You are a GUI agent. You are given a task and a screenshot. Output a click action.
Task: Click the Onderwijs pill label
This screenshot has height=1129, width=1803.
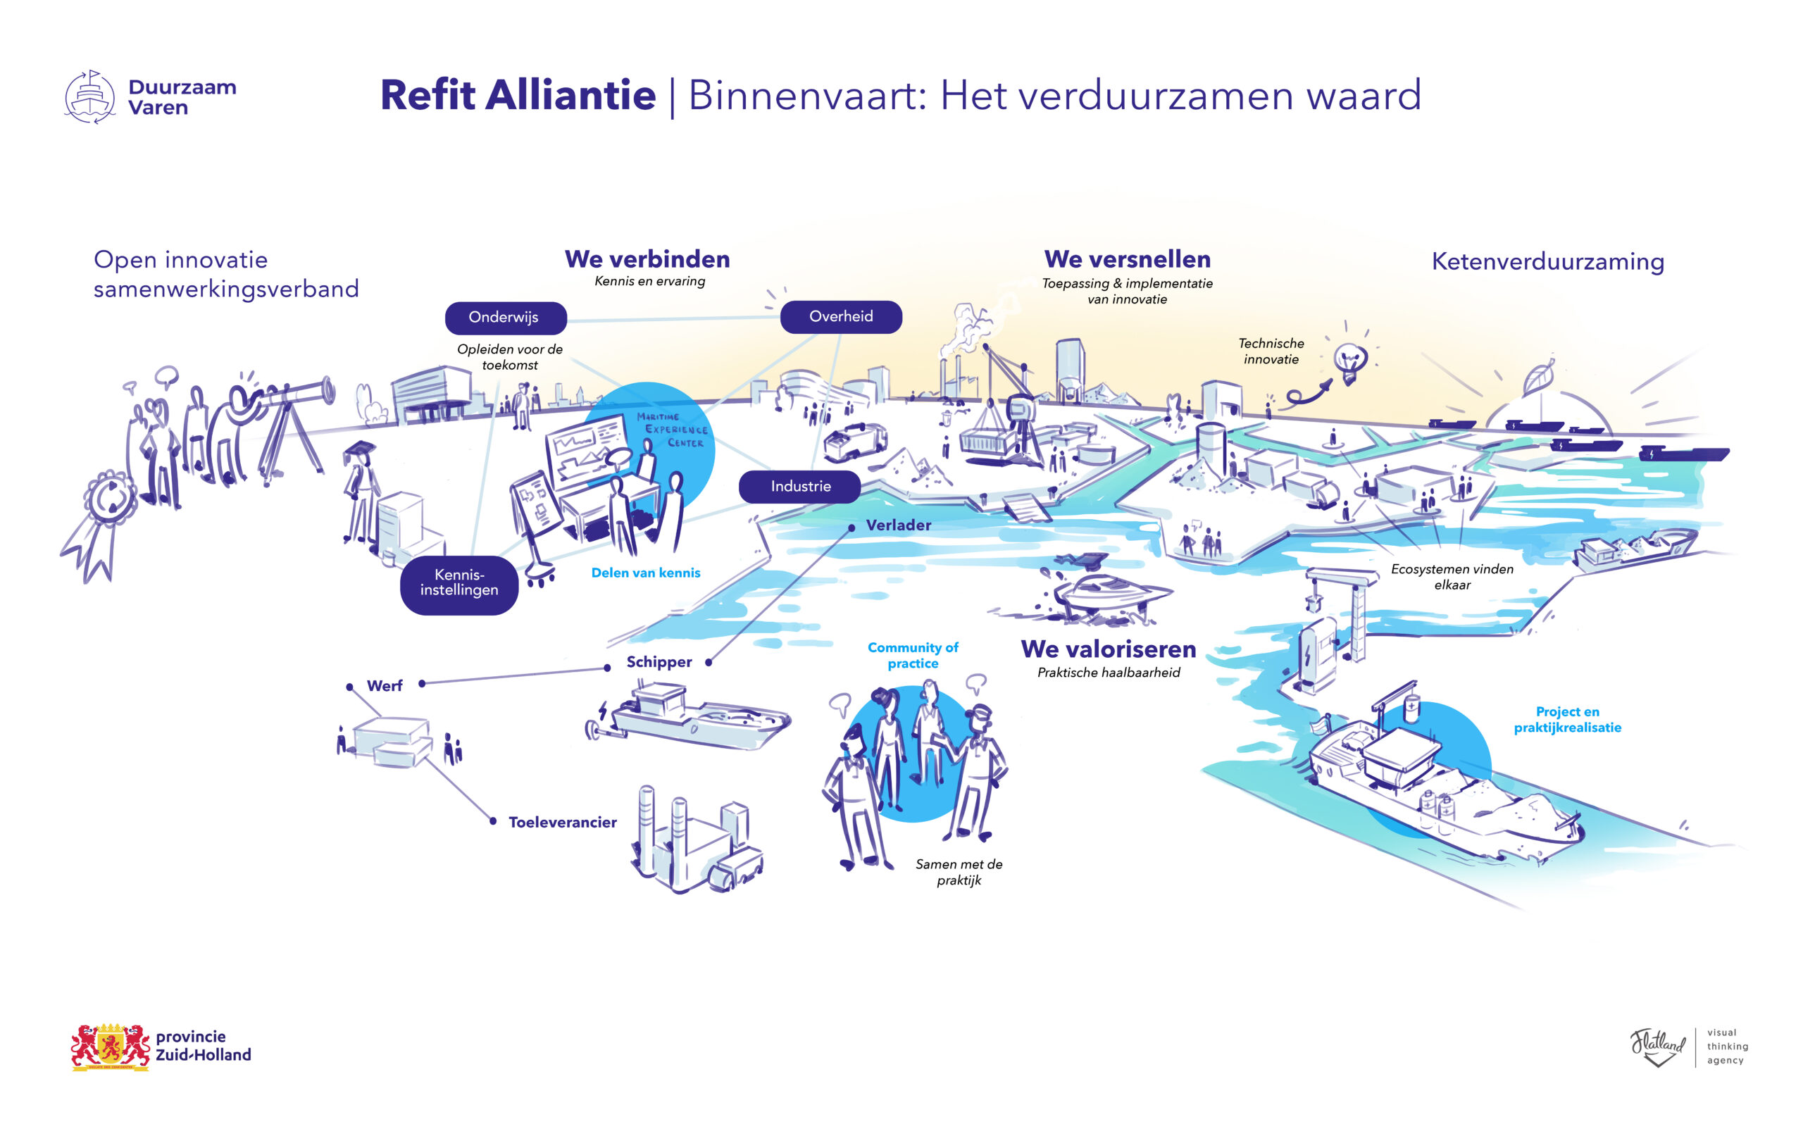click(506, 318)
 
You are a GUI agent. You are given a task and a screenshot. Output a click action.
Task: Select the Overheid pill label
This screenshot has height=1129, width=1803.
click(841, 317)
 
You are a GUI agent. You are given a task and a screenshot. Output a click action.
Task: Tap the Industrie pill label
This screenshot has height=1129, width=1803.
click(799, 486)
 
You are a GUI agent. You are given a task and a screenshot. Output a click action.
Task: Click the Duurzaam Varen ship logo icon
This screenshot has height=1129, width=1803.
click(90, 97)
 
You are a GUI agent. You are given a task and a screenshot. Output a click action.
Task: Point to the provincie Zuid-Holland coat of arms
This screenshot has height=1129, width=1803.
click(111, 1046)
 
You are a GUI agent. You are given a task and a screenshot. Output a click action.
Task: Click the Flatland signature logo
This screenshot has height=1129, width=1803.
click(1657, 1046)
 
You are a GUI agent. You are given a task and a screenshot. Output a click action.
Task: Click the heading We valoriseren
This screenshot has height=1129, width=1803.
click(1108, 648)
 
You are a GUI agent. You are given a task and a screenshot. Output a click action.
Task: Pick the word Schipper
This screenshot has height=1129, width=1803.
click(659, 661)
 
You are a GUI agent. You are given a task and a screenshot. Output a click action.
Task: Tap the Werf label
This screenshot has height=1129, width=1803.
click(385, 685)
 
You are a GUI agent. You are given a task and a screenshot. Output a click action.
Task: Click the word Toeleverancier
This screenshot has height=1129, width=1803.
click(562, 822)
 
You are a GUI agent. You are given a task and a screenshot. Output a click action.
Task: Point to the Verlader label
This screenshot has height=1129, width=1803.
click(898, 525)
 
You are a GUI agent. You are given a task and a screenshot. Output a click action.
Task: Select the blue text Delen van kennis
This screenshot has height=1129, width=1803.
click(646, 573)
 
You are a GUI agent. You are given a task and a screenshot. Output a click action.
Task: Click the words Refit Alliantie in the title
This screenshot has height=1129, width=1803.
click(518, 95)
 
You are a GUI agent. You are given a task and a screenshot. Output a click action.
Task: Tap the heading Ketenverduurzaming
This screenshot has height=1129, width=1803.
click(1547, 261)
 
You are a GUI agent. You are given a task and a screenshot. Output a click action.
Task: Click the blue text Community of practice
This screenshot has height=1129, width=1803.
click(912, 655)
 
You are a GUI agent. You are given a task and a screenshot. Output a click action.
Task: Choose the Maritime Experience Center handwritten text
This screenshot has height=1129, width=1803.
click(670, 430)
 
